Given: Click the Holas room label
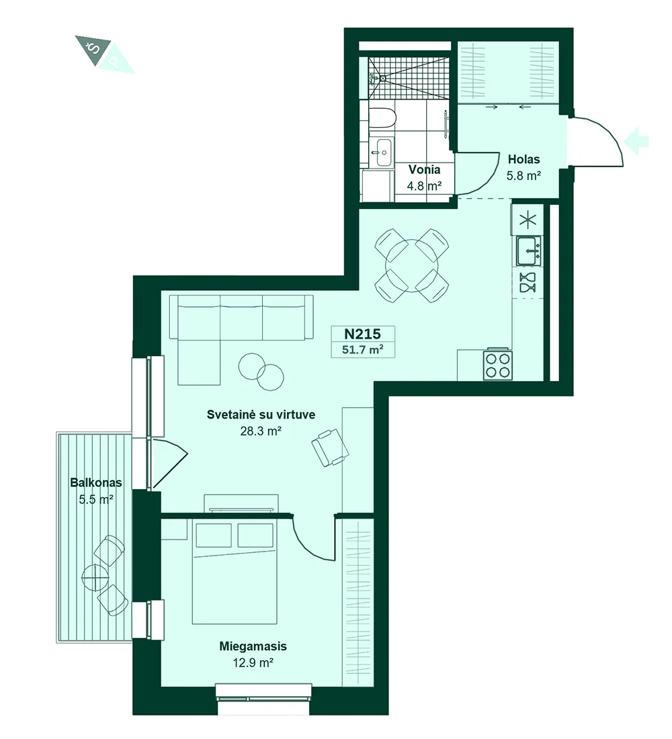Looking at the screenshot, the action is (x=524, y=159).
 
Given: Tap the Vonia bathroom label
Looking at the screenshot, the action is (x=425, y=170).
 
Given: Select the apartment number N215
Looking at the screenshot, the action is (x=363, y=334).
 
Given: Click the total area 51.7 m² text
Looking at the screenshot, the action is (x=363, y=350).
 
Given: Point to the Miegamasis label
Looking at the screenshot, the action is (x=253, y=646).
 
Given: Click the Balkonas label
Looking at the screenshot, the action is (x=96, y=482).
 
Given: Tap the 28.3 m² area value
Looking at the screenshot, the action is (x=261, y=431).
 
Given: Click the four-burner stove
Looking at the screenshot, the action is (x=498, y=364).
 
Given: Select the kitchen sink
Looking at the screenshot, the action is (x=529, y=251).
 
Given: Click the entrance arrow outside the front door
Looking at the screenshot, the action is (x=636, y=141).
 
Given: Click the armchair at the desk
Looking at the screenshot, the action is (x=331, y=447).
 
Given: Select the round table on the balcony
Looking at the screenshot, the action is (x=95, y=576).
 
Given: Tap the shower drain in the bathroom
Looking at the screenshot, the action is (x=383, y=78).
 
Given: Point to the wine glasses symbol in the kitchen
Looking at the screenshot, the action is (x=528, y=283).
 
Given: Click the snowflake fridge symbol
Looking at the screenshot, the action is (x=528, y=220).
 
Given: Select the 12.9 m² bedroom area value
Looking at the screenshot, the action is (x=253, y=662).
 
